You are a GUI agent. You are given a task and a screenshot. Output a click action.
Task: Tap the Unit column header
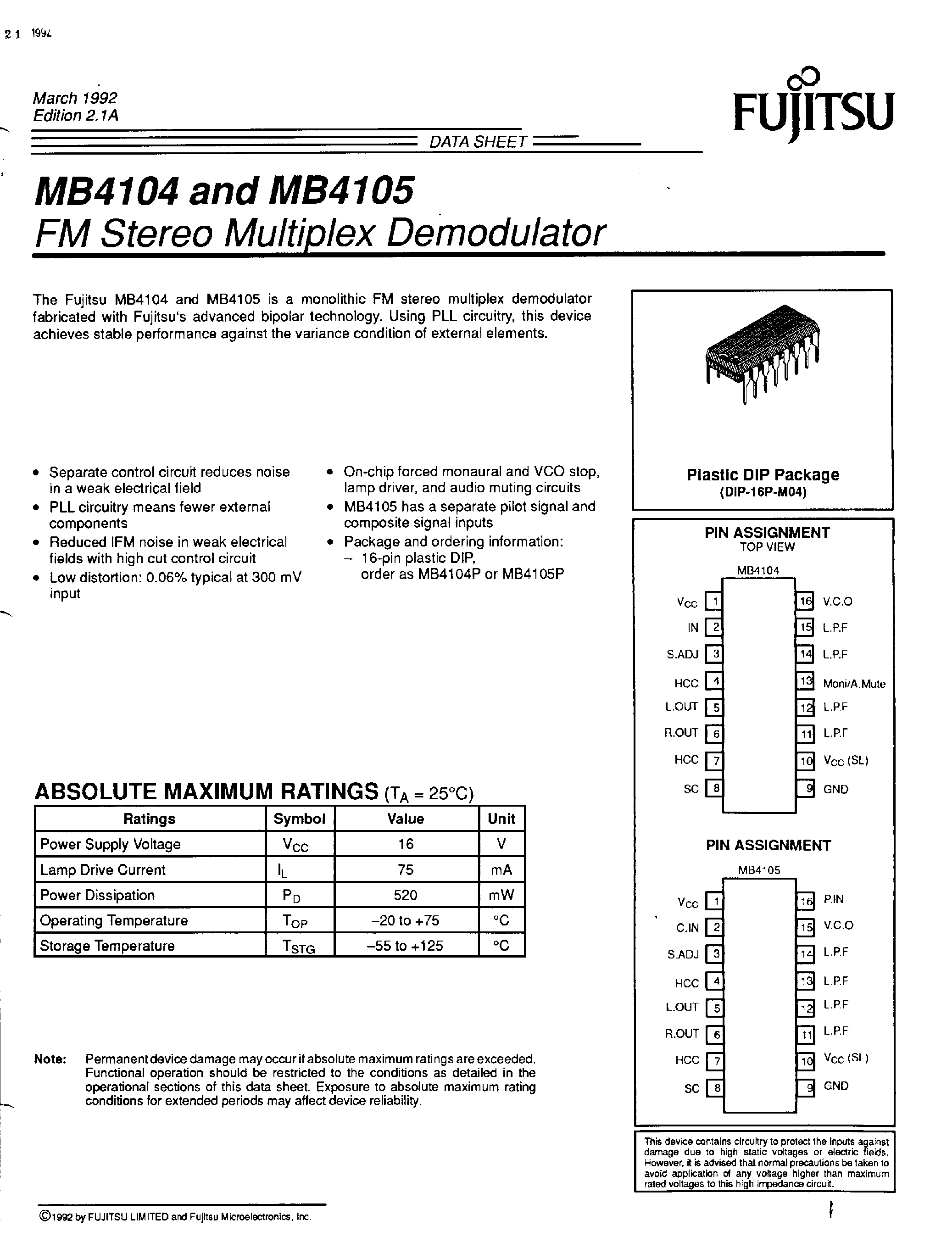pyautogui.click(x=501, y=819)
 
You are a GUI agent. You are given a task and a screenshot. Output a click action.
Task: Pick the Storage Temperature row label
pyautogui.click(x=107, y=946)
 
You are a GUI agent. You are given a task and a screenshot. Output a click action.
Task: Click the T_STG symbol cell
pyautogui.click(x=299, y=947)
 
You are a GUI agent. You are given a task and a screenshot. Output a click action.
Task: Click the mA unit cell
pyautogui.click(x=501, y=870)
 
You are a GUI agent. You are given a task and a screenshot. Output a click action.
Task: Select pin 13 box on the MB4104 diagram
pyautogui.click(x=806, y=681)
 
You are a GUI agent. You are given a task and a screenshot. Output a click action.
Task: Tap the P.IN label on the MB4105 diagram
pyautogui.click(x=833, y=899)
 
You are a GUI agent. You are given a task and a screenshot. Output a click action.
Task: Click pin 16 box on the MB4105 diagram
pyautogui.click(x=806, y=901)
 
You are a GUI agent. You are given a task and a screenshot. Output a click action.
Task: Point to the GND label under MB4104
pyautogui.click(x=835, y=789)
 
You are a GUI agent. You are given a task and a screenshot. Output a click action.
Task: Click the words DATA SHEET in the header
pyautogui.click(x=477, y=142)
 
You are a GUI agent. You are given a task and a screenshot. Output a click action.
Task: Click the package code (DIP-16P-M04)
pyautogui.click(x=763, y=492)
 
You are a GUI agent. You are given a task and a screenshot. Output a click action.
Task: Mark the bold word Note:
pyautogui.click(x=50, y=1059)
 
